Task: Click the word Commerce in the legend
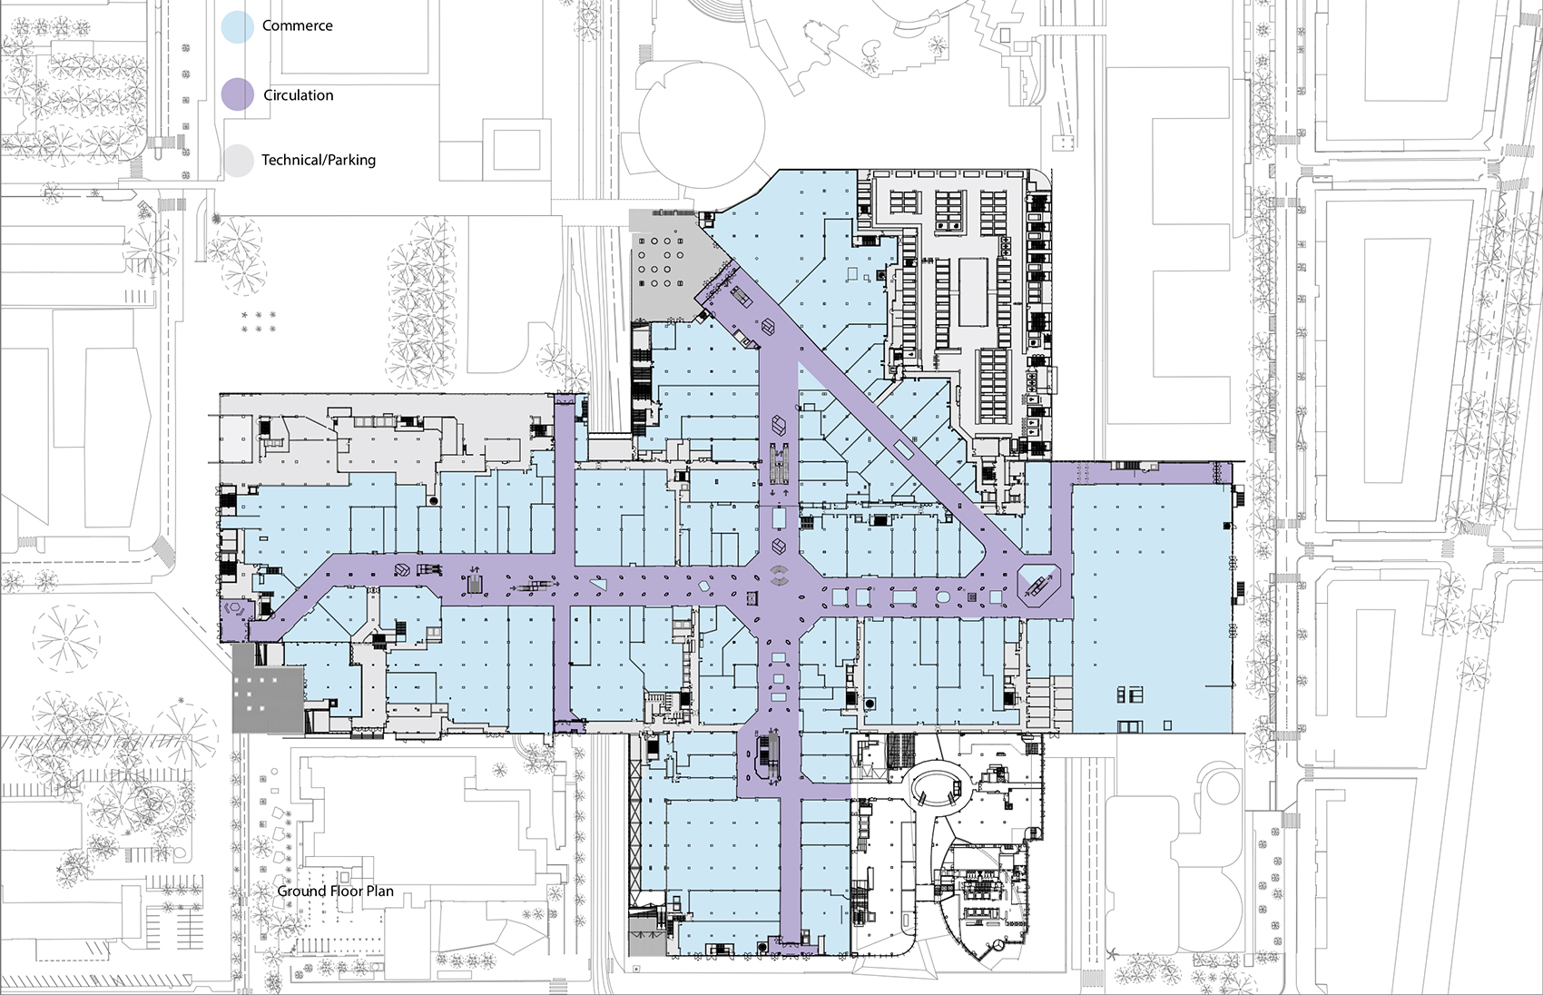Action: click(x=297, y=25)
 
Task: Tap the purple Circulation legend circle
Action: click(x=238, y=94)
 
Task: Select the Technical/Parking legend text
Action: click(x=318, y=160)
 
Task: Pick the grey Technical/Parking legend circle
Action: click(x=238, y=161)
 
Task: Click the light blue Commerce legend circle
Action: click(x=238, y=27)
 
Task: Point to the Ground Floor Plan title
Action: click(x=335, y=891)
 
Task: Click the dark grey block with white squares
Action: click(x=268, y=687)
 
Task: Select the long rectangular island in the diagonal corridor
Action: click(x=904, y=448)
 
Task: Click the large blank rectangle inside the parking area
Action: click(x=973, y=291)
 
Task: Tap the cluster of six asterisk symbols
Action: click(x=259, y=321)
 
